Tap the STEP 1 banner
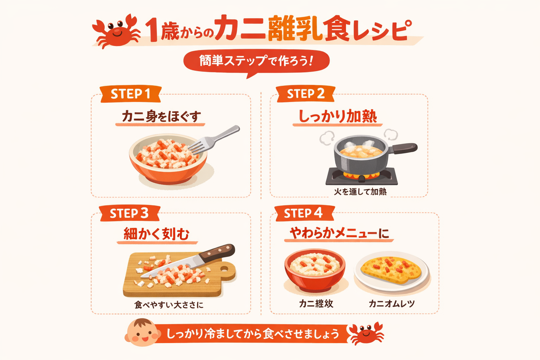[130, 94]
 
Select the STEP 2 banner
[306, 94]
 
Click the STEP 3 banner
[129, 213]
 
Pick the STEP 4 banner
[303, 213]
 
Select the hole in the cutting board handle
[224, 269]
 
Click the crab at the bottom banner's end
[366, 333]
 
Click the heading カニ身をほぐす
[161, 116]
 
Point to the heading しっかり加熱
[337, 116]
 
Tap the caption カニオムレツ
[392, 303]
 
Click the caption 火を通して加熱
[360, 192]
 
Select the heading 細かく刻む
[156, 234]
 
